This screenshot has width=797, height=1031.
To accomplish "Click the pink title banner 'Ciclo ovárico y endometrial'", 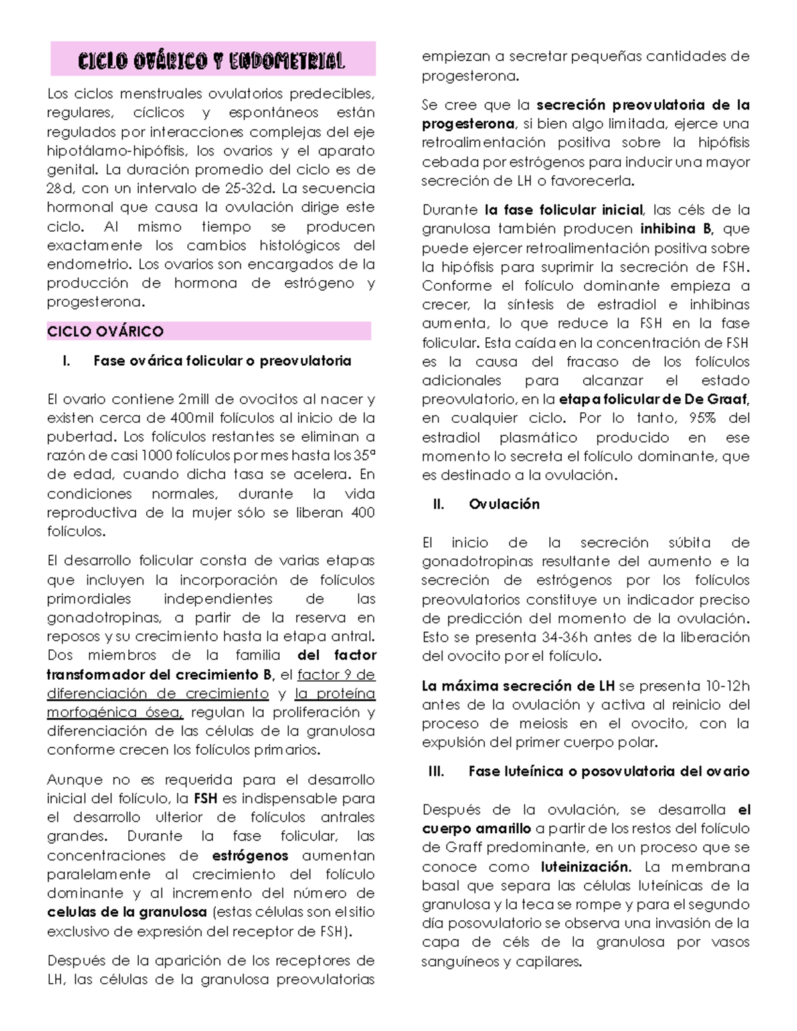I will point(213,60).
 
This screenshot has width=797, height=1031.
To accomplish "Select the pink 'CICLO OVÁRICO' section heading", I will point(106,331).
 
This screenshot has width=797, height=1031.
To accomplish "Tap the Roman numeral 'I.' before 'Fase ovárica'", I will point(65,361).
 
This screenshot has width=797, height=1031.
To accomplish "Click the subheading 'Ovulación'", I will point(504,504).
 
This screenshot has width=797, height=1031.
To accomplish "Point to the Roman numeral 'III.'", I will point(436,771).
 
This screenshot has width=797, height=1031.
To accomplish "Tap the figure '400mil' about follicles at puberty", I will point(193,418).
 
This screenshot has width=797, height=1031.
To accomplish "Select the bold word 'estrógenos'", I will point(250,855).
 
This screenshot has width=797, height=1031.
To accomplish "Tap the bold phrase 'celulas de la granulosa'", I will point(127,912).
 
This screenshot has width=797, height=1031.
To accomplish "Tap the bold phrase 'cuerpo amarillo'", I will point(476,829).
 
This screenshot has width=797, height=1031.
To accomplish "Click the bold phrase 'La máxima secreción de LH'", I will point(518,686).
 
